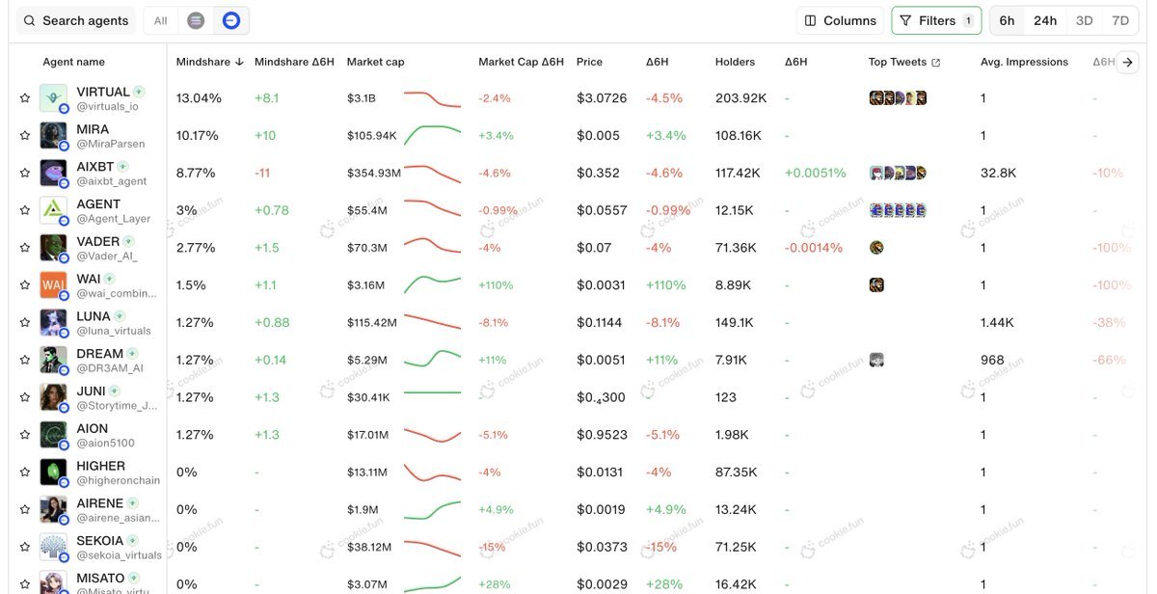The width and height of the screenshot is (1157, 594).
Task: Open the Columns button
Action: [x=841, y=20]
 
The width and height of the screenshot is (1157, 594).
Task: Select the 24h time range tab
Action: [x=1045, y=20]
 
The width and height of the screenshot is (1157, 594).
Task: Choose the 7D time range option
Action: [x=1119, y=20]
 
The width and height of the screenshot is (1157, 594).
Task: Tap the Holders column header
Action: [x=735, y=62]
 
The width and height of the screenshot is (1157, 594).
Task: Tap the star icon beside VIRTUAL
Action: [x=25, y=97]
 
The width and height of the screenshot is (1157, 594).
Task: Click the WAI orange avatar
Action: [x=53, y=284]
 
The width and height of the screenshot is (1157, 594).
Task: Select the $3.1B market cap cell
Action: [x=362, y=98]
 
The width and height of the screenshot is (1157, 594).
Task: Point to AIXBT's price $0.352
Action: [x=598, y=173]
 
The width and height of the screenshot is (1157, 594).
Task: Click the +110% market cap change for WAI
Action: [x=496, y=285]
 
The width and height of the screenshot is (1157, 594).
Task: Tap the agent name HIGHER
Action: [x=100, y=466]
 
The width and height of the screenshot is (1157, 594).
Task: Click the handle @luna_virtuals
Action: [x=114, y=331]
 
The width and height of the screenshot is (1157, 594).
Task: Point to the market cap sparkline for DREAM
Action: [x=432, y=360]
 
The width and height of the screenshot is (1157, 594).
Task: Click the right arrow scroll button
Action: [x=1128, y=62]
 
